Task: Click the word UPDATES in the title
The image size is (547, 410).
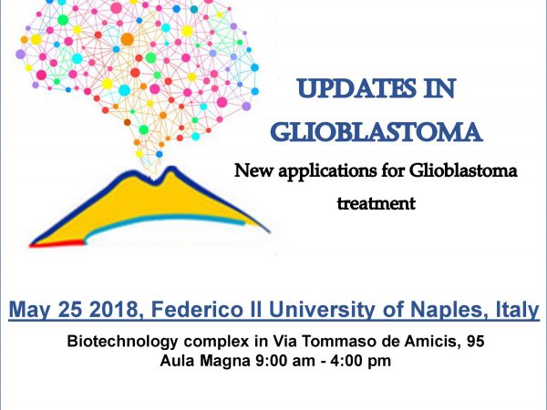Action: pos(356,89)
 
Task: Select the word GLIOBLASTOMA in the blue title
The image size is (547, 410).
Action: pos(377,132)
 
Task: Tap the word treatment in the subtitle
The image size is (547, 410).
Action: pos(377,203)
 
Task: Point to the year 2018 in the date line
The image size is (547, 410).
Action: pos(114,309)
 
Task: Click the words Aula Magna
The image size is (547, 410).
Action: pos(205,361)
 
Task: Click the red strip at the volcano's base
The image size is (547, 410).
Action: pos(57,243)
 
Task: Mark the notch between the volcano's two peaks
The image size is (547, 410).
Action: pos(152,181)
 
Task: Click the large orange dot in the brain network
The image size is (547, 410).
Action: pos(127,39)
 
